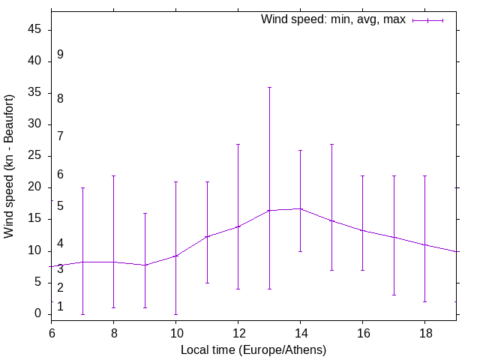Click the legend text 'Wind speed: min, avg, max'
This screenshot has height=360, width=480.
pos(333,19)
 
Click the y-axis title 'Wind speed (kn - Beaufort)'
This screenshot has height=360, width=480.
pos(9,166)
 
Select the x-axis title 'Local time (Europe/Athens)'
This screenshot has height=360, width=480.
pos(253,349)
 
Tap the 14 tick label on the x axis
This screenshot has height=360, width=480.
pos(300,332)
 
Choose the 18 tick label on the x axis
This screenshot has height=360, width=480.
pos(424,332)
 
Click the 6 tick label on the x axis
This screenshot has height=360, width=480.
pos(52,332)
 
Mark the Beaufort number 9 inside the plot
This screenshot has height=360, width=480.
pos(60,55)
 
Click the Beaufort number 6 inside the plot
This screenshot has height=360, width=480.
pos(60,175)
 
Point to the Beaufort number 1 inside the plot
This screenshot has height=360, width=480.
pos(60,307)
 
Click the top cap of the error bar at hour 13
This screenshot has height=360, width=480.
pos(269,87)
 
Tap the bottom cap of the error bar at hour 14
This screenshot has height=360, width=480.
pos(300,251)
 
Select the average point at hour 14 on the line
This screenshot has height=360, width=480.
pos(300,208)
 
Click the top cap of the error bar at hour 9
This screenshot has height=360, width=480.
pos(145,213)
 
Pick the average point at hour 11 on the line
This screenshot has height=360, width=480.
pos(207,236)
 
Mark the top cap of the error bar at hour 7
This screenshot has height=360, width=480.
pos(82,187)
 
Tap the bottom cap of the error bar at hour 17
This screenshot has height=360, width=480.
pos(394,295)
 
